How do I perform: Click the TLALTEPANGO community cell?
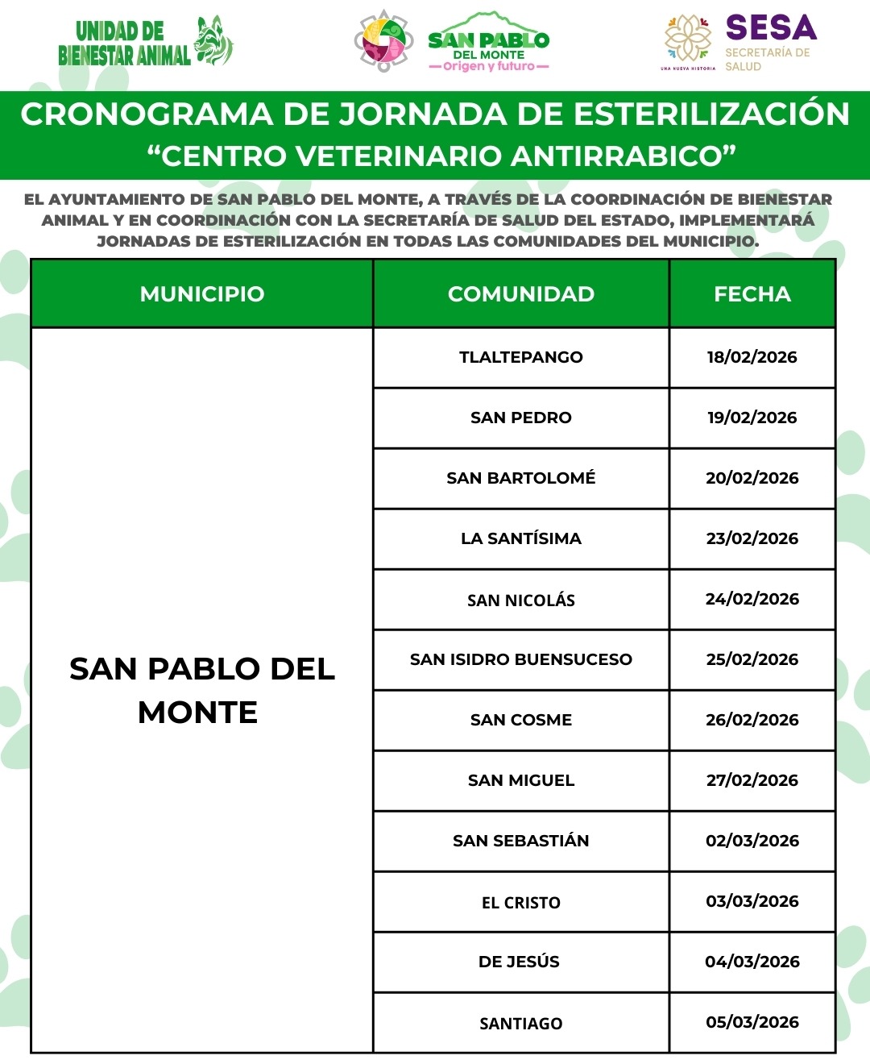pos(520,357)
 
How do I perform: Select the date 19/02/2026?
pos(752,418)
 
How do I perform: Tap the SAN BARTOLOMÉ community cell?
pos(520,478)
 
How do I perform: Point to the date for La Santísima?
pos(752,538)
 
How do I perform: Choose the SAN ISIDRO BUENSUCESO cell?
pos(520,659)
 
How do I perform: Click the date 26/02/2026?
pos(752,720)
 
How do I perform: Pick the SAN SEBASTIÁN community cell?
pos(520,841)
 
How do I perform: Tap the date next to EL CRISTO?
pos(752,901)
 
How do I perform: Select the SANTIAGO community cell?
pos(520,1023)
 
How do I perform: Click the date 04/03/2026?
pos(752,962)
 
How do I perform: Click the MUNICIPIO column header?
pos(201,294)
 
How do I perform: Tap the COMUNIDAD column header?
pos(520,294)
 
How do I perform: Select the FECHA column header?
pos(752,294)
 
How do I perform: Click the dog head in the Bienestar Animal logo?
pos(213,40)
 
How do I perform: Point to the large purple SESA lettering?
pos(771,28)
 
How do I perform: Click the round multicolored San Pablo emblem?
pos(384,40)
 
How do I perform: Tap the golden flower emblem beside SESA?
pos(688,38)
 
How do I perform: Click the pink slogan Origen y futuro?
pos(488,67)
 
